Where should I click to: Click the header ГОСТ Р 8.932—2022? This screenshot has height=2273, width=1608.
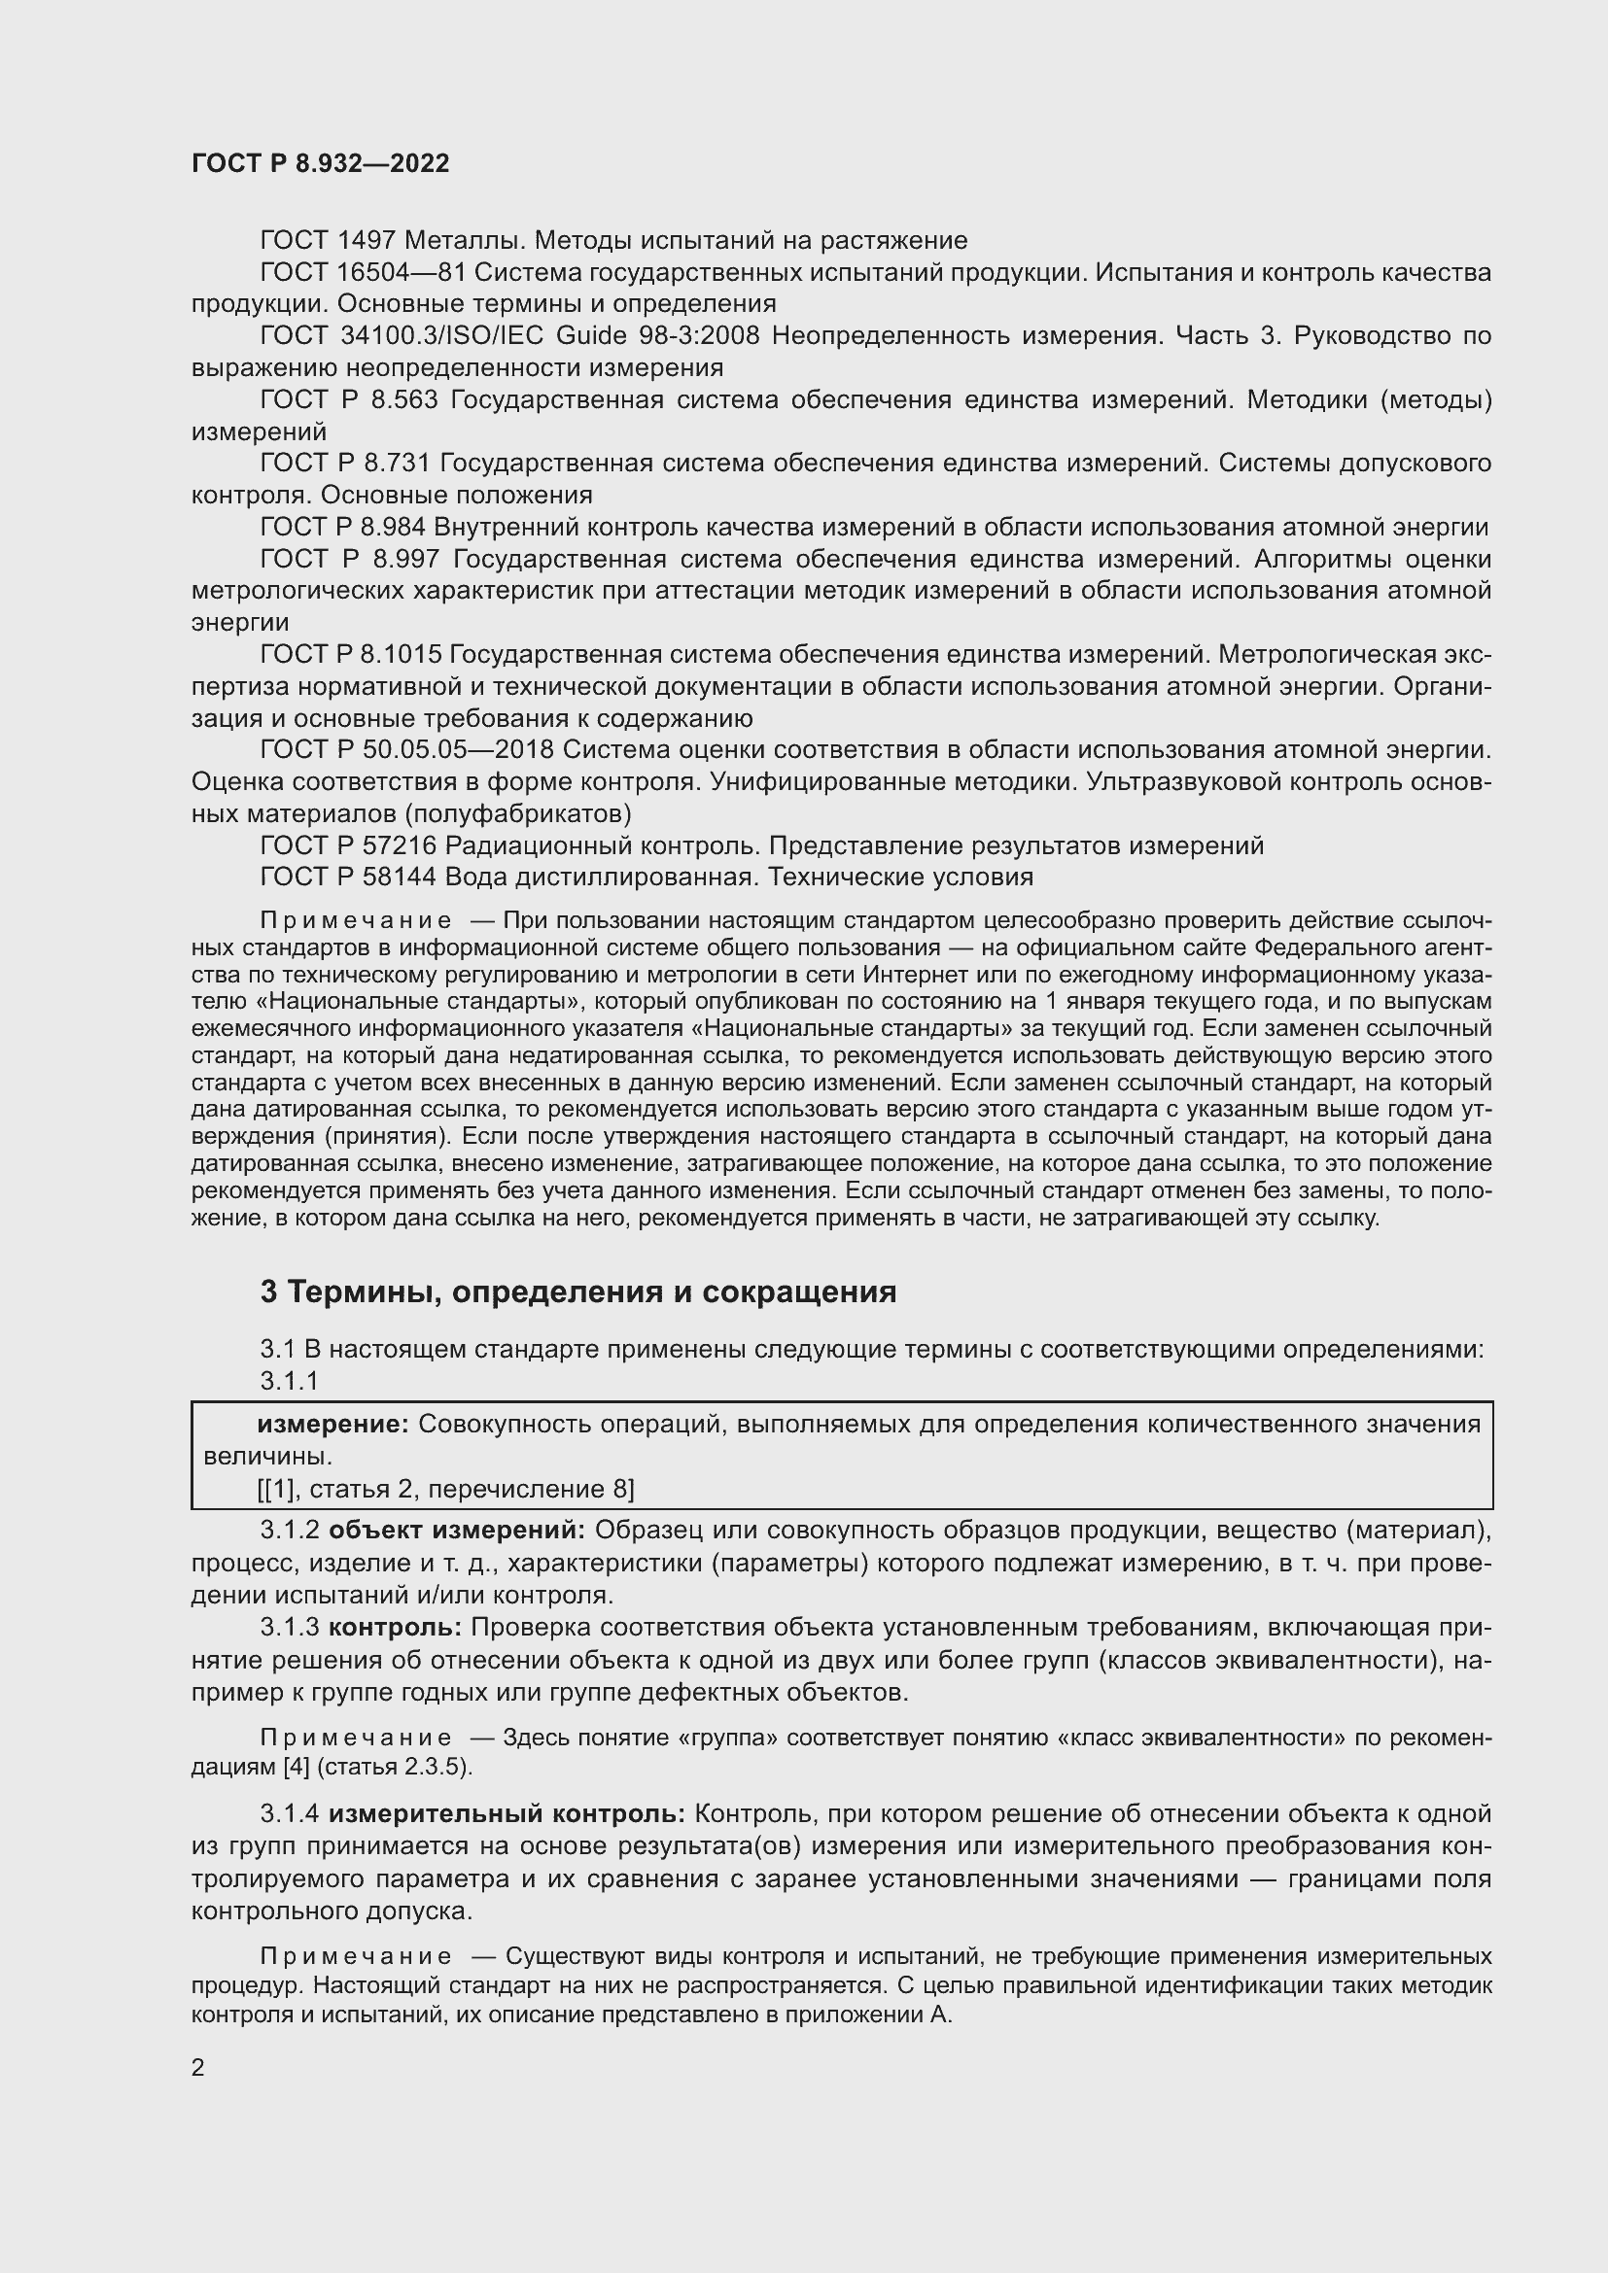click(320, 163)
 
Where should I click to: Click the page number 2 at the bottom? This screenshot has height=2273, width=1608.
click(198, 2067)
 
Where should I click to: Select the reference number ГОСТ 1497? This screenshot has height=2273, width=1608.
click(328, 241)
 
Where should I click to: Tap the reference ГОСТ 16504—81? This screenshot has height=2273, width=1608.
click(363, 272)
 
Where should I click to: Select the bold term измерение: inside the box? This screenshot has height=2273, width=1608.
click(332, 1425)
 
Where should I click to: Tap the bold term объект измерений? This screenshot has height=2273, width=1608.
click(457, 1531)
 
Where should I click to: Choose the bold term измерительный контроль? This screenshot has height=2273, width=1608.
click(506, 1814)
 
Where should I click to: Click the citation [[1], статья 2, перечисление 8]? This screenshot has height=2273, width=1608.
click(445, 1490)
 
